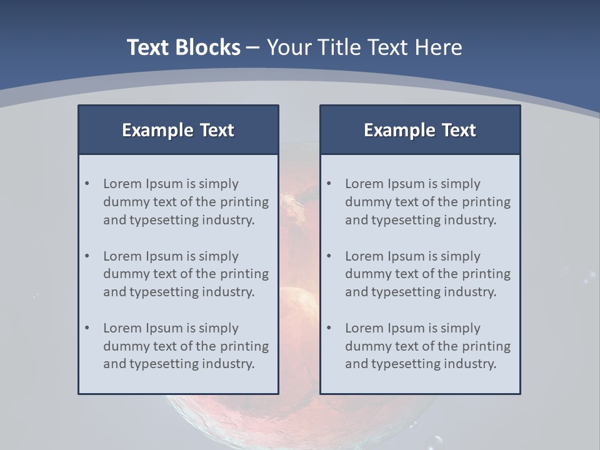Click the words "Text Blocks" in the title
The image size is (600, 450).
(183, 47)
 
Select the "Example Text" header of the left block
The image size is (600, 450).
(178, 130)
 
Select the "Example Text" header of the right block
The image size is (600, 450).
(420, 130)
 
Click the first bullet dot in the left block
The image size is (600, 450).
(87, 184)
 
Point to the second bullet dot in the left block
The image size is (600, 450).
(87, 256)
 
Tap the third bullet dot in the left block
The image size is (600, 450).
(87, 328)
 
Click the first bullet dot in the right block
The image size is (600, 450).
(329, 184)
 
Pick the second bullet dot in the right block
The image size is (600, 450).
(329, 256)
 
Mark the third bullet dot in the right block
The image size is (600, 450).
(329, 328)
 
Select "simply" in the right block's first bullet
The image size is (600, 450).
(461, 184)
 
